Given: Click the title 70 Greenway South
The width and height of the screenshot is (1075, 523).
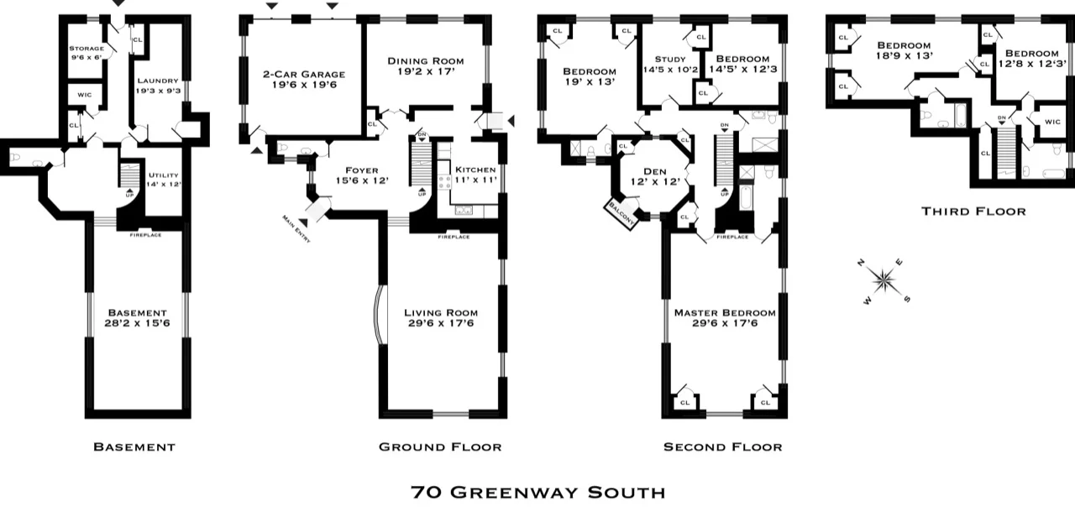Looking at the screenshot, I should [537, 492].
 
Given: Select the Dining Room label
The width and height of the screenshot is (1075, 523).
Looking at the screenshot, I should [425, 60].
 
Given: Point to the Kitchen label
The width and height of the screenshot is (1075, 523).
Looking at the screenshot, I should [475, 169].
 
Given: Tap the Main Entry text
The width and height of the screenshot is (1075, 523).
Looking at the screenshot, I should [296, 229].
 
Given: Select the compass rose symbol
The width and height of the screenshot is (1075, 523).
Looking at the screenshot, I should [884, 280].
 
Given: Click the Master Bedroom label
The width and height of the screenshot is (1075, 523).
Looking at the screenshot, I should [725, 312].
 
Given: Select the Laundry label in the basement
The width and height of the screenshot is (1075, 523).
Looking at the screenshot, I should [157, 81].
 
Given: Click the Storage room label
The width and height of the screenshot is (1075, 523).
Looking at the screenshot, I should [86, 49].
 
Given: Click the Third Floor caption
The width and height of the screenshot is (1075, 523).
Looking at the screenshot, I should [973, 211].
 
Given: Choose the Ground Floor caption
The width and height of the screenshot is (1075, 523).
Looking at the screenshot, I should [440, 447].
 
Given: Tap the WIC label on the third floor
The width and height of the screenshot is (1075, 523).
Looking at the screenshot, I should [1052, 122].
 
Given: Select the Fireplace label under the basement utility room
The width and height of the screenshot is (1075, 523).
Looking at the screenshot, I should [145, 235].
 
